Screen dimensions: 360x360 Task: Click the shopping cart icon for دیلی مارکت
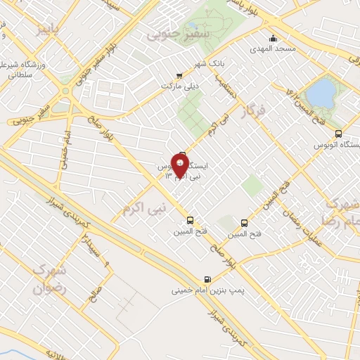179,75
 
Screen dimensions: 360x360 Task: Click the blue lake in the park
321,91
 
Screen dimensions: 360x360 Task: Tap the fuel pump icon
207,279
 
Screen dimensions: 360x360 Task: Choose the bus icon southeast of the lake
338,133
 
